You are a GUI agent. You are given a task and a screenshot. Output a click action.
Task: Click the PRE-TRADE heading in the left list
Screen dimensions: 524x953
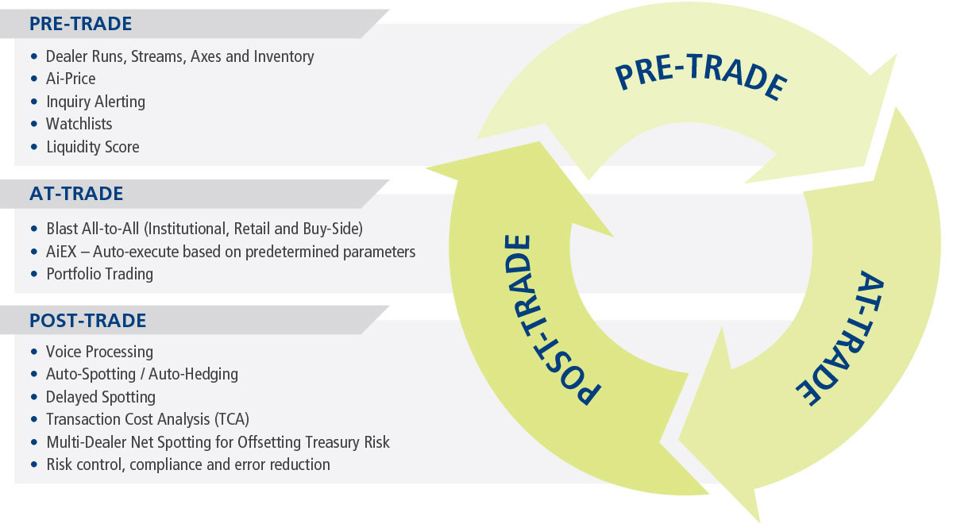tap(80, 24)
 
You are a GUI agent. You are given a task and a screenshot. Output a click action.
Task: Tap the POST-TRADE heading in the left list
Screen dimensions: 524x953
tap(87, 321)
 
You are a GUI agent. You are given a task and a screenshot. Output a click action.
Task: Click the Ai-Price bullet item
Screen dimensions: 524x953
tap(71, 79)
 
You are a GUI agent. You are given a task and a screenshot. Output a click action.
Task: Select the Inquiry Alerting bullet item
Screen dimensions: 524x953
tap(95, 102)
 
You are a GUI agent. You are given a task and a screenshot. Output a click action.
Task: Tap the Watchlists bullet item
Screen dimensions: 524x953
tap(79, 124)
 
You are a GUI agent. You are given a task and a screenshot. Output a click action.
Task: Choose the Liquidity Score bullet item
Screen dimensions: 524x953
tap(92, 147)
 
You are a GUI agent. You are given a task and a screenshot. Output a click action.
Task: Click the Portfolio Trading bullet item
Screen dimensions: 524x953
tap(99, 274)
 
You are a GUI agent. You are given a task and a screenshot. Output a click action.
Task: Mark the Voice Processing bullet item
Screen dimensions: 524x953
tap(99, 351)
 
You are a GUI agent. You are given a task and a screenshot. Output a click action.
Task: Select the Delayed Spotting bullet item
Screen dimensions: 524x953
tap(101, 396)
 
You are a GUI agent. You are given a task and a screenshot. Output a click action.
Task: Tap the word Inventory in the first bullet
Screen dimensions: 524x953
tap(284, 56)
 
